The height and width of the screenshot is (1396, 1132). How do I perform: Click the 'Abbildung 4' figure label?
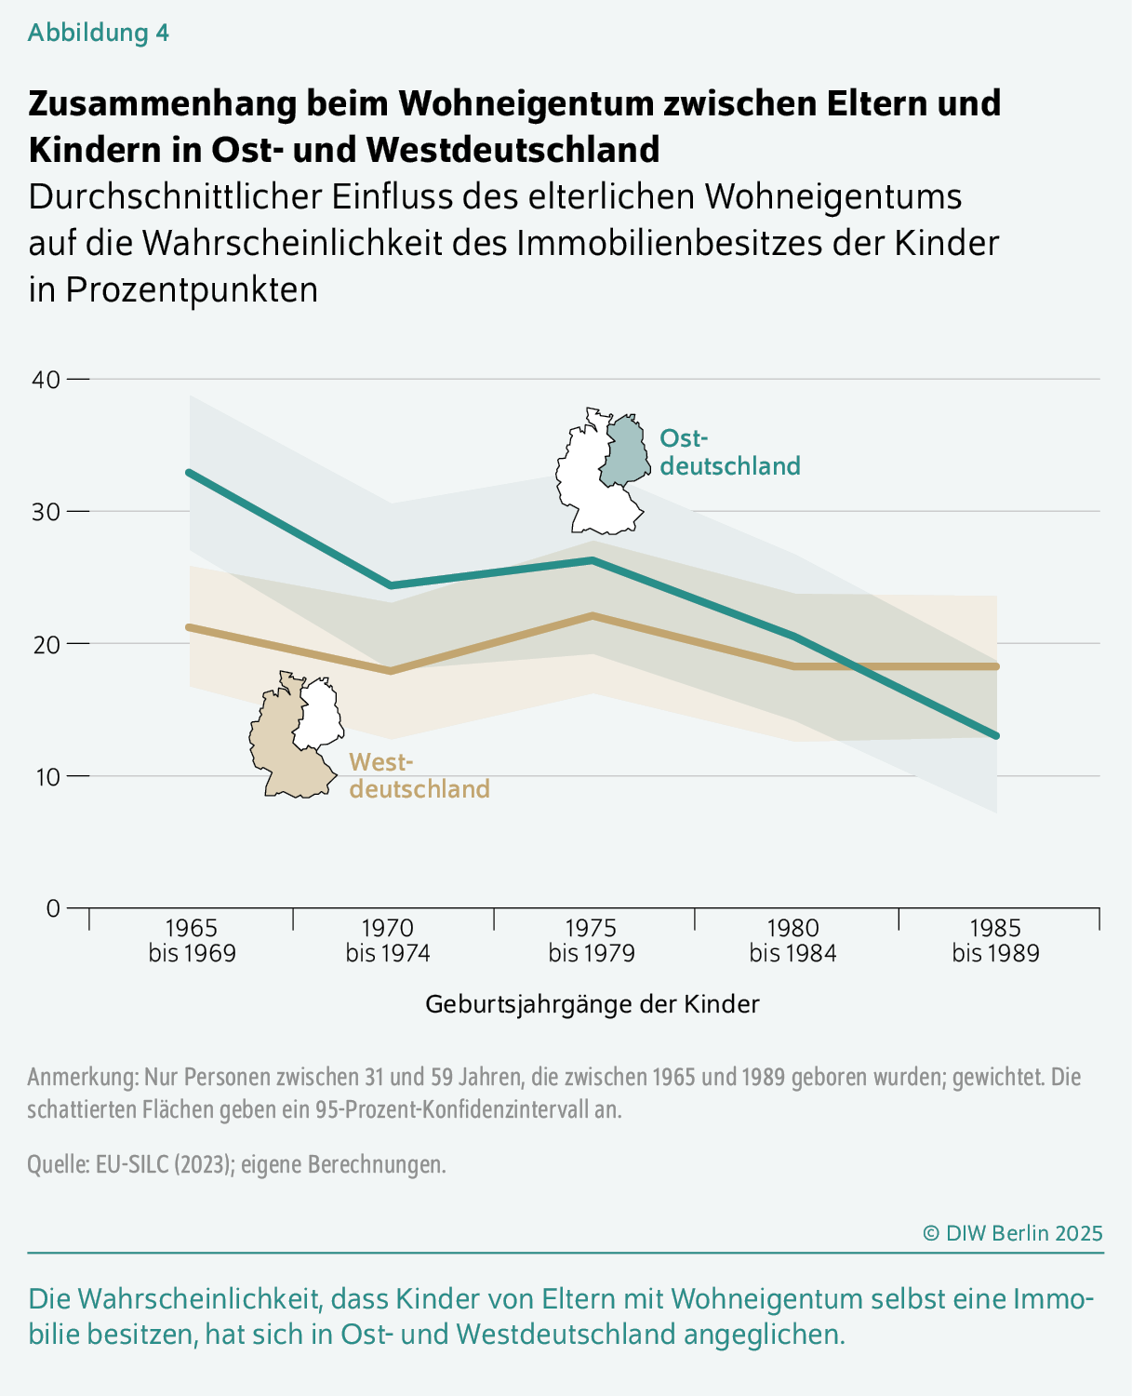(99, 33)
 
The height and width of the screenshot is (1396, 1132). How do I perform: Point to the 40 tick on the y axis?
(47, 380)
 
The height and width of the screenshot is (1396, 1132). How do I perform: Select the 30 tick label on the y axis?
(47, 512)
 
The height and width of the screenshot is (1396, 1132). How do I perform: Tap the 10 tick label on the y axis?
(47, 776)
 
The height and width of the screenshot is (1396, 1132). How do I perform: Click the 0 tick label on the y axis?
(53, 908)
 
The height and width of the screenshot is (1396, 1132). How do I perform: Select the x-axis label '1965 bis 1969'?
(192, 941)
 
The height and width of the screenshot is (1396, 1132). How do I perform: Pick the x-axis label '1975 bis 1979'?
(592, 941)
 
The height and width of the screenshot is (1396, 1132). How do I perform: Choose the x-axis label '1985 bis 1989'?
(995, 941)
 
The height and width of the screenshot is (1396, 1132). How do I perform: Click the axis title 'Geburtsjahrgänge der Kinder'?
(593, 1004)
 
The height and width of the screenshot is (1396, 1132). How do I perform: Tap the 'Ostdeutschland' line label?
(729, 452)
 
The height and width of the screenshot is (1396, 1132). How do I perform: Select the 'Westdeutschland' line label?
(419, 776)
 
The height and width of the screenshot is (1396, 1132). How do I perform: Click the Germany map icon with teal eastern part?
(601, 471)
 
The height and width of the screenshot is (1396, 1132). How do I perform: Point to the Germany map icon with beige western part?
(296, 735)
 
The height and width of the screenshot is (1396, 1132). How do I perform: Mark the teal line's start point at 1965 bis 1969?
(189, 472)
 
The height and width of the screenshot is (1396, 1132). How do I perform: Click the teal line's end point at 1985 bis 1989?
(996, 736)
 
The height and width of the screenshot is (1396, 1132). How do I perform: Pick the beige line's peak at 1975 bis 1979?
(593, 615)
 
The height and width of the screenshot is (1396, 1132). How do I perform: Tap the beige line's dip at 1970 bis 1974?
(391, 671)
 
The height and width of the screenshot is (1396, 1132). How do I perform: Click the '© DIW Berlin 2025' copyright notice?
(1012, 1233)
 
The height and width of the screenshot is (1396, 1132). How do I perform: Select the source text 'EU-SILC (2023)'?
(163, 1164)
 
